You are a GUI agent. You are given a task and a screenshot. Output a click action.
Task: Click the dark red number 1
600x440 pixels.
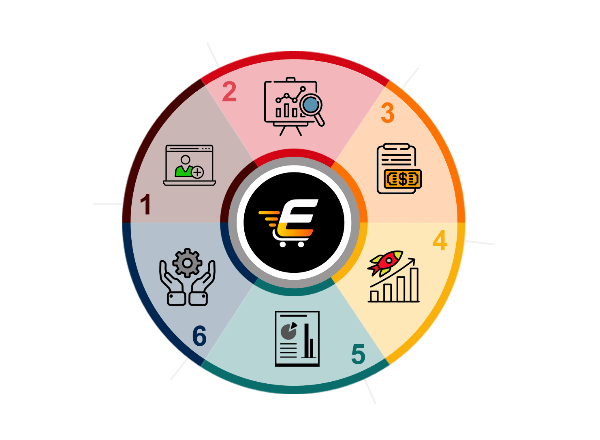[x=146, y=204]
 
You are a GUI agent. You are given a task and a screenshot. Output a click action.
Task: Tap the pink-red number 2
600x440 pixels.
[x=229, y=91]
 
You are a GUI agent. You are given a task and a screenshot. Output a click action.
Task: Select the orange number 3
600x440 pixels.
[x=388, y=113]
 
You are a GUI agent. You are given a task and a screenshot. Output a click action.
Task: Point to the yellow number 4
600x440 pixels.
[x=440, y=240]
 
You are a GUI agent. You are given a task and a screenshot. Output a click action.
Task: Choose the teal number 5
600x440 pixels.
[x=359, y=354]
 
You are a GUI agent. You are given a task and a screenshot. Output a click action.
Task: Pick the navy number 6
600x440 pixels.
[x=200, y=336]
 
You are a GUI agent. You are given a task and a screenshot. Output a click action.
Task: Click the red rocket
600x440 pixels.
[x=385, y=263]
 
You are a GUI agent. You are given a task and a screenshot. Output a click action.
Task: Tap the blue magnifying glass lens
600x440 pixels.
[x=311, y=104]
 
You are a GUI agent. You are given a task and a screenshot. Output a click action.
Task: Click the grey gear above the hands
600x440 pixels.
[x=187, y=263]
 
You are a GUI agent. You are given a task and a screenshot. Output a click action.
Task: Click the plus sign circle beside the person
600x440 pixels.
[x=198, y=172]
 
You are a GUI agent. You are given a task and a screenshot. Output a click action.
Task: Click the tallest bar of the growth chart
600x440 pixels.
[x=414, y=285]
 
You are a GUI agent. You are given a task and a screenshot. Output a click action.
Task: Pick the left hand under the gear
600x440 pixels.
[x=172, y=283]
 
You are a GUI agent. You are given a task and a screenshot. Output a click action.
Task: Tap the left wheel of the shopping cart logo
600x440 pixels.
[x=283, y=244]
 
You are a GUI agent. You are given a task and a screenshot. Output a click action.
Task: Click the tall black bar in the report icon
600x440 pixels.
[x=306, y=340]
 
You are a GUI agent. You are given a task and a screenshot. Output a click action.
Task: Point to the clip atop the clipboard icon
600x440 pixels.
[x=397, y=147]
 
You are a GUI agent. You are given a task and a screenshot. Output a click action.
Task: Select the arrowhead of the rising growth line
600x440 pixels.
[x=412, y=261]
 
